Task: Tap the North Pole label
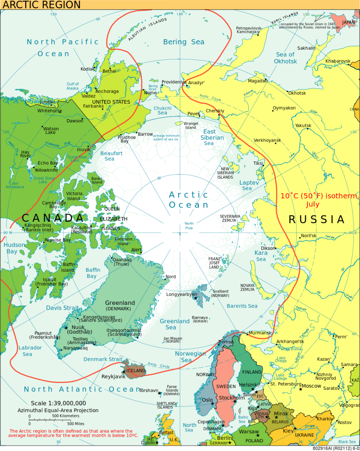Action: click(x=189, y=226)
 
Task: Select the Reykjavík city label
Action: click(x=114, y=376)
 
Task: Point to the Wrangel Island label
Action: click(x=191, y=126)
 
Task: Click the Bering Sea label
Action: click(x=183, y=42)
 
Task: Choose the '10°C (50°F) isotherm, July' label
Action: click(x=319, y=200)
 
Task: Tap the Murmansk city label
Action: click(x=260, y=333)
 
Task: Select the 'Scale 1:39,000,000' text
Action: click(x=58, y=403)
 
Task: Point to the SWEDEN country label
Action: click(x=225, y=386)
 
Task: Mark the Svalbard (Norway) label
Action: click(x=220, y=293)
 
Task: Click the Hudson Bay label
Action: click(x=14, y=248)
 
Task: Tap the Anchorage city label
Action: click(x=107, y=91)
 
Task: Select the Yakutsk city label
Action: click(x=303, y=126)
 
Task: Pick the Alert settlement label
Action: click(x=136, y=250)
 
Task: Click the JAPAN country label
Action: click(x=348, y=22)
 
